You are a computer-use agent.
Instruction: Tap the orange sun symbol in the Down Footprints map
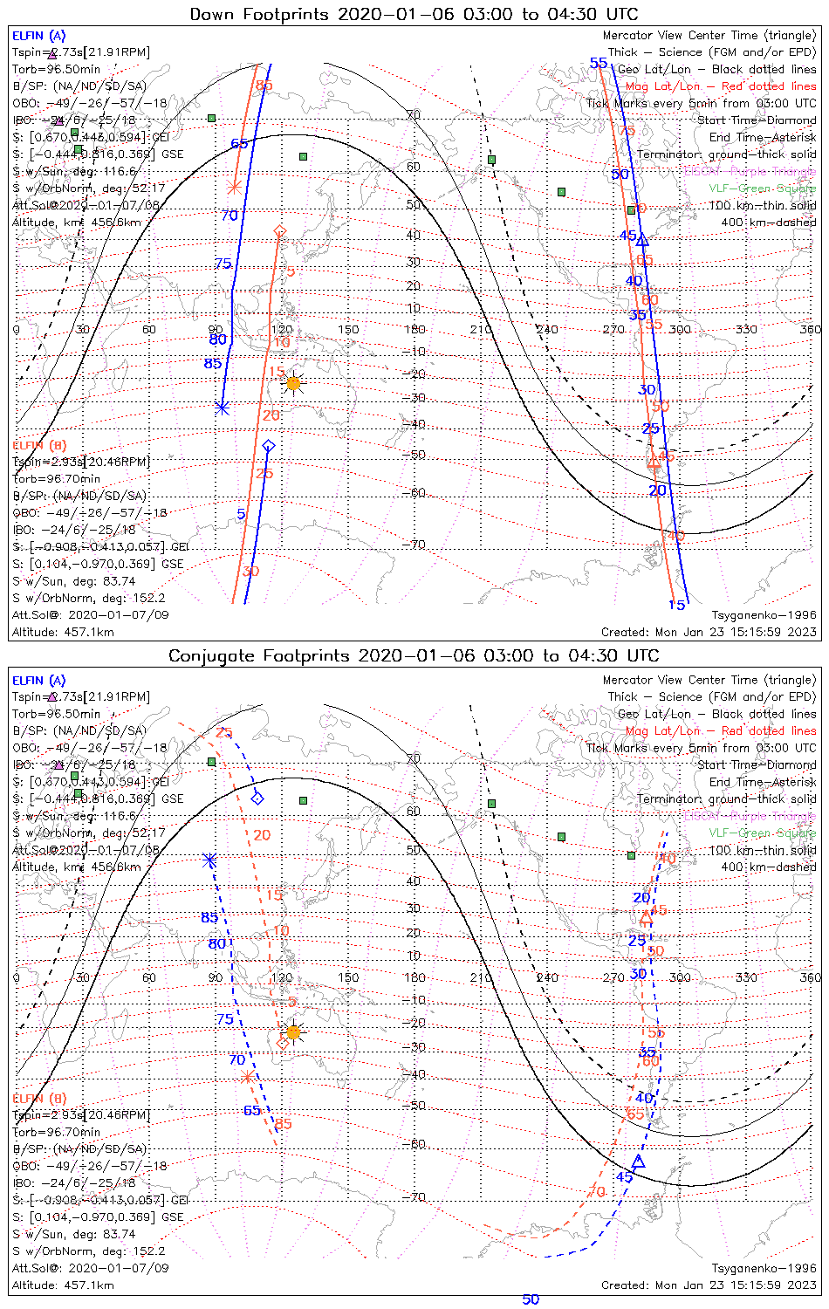[x=293, y=383]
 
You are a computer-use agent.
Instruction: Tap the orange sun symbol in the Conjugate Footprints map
[x=293, y=1032]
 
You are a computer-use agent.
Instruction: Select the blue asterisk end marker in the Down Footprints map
[x=223, y=407]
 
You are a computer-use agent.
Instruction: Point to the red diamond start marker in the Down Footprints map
[x=280, y=230]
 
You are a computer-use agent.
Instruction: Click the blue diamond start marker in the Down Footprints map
[x=268, y=446]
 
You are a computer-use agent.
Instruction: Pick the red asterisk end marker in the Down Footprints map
[x=234, y=187]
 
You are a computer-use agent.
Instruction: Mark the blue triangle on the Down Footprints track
[x=642, y=239]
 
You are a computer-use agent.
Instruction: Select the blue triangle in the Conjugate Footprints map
[x=638, y=1162]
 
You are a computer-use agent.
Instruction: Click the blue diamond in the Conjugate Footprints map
[x=257, y=798]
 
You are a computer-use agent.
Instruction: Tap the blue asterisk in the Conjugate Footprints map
[x=210, y=860]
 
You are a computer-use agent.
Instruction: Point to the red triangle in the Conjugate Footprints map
[x=646, y=917]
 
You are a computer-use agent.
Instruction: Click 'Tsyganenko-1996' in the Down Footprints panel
[x=764, y=615]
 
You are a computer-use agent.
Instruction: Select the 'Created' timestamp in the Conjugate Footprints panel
[x=709, y=1285]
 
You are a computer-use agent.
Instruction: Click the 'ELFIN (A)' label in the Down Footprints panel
[x=38, y=36]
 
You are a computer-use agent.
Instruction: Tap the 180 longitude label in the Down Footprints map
[x=414, y=329]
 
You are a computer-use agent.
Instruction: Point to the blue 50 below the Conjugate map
[x=531, y=1299]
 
